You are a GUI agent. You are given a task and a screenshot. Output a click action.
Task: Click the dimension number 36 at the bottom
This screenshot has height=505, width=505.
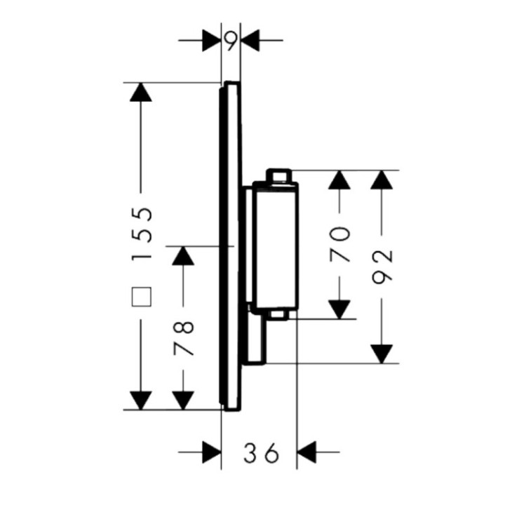pos(260,453)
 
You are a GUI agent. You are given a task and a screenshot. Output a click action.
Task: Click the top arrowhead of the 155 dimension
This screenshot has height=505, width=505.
pos(142,92)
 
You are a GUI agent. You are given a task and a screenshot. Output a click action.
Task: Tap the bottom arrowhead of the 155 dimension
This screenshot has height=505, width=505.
pos(142,400)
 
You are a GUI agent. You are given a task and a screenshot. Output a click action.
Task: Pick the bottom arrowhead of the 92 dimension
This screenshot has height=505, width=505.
pos(382,353)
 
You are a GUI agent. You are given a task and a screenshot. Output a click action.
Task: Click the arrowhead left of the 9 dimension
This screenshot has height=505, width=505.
pos(211,40)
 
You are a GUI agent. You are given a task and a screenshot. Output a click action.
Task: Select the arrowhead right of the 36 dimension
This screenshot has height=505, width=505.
pos(308,452)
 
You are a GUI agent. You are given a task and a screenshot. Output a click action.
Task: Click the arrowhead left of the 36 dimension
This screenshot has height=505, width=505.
pos(211,452)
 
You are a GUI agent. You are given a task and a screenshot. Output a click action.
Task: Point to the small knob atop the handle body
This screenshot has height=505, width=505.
pos(278,175)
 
